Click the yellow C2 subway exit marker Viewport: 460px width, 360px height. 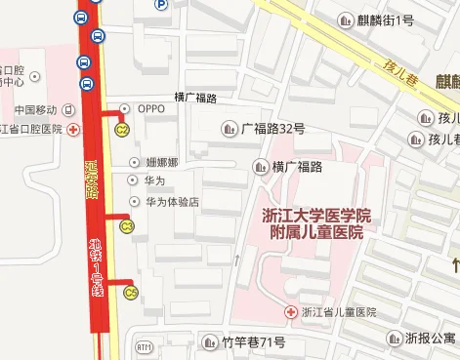pos(123,130)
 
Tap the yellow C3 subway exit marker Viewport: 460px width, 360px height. pos(126,226)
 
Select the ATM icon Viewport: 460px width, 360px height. pos(145,346)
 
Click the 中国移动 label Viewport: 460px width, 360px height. pos(36,108)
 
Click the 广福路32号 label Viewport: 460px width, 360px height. pos(272,128)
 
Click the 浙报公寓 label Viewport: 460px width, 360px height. pos(431,339)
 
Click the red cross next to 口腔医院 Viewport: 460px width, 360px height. pos(73,129)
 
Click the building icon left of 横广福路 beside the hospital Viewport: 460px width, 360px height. pos(260,166)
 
